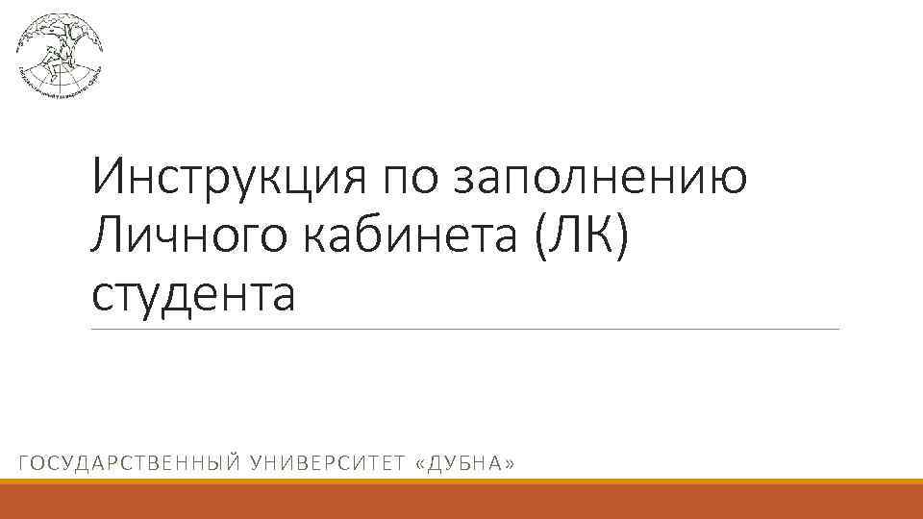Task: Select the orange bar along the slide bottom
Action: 461,499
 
